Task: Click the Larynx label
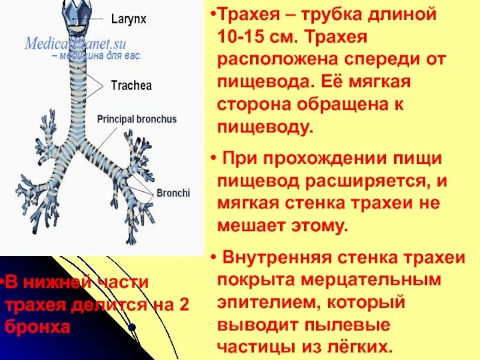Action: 128,19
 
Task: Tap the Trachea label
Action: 131,86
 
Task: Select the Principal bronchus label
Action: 137,119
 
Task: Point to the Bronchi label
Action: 173,193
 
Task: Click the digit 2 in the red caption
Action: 183,305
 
